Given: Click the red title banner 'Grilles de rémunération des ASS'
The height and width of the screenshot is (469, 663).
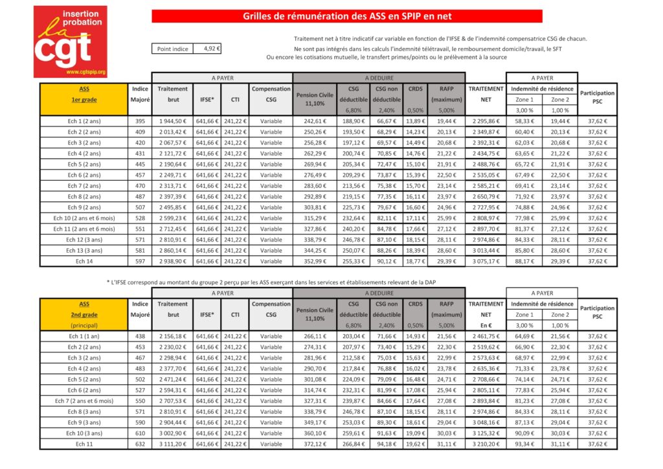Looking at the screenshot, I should click(x=347, y=16).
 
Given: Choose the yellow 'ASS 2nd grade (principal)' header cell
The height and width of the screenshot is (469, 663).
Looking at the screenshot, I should click(x=85, y=314).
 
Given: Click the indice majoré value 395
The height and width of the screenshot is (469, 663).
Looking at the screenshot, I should click(x=140, y=121).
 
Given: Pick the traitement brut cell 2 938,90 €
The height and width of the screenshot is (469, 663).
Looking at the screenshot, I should click(x=173, y=262).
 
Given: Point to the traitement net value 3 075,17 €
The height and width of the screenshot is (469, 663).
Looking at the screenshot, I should click(x=486, y=262).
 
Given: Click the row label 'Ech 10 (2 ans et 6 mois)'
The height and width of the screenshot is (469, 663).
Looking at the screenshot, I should click(x=85, y=218).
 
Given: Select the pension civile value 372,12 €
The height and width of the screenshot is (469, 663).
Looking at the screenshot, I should click(x=314, y=444).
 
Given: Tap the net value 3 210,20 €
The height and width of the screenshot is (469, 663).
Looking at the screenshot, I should click(x=486, y=444).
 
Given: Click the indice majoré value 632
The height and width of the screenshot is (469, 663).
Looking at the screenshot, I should click(x=140, y=444).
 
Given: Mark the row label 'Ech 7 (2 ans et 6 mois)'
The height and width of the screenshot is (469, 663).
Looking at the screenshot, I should click(x=85, y=400).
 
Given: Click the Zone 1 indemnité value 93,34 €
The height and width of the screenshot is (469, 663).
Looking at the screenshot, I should click(x=524, y=444).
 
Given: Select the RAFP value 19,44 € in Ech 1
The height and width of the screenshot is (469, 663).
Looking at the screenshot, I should click(x=446, y=121).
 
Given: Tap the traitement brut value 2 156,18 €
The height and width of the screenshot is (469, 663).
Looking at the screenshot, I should click(x=173, y=336).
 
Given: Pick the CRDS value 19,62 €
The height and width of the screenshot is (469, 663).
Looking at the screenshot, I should click(x=415, y=444).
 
